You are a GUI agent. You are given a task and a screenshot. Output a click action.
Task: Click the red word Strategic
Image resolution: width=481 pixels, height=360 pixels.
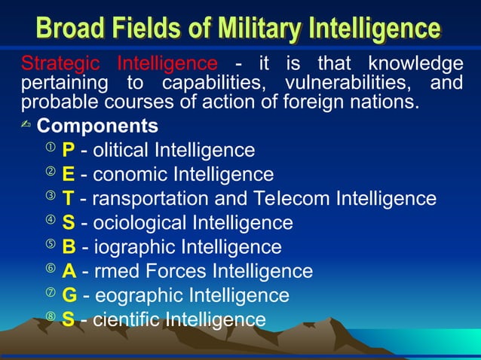coord(63,63)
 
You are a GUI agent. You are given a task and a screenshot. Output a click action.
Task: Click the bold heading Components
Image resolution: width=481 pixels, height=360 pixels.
coord(97,126)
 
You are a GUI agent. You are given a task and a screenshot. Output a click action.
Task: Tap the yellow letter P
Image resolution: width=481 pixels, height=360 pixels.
coord(68,151)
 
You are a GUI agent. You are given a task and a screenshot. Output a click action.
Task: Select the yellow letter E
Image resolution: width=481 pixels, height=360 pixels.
coord(68,175)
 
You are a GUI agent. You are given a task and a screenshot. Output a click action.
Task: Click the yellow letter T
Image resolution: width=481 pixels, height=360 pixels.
coord(68,199)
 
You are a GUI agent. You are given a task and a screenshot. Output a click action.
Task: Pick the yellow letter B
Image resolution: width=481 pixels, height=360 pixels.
coord(69,247)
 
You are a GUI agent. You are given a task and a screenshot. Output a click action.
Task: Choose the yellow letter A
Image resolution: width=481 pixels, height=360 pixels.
coord(69,271)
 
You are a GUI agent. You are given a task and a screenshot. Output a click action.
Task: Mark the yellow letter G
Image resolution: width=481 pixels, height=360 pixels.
coord(69,295)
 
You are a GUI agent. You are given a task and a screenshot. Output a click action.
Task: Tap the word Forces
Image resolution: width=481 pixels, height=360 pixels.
coord(178,271)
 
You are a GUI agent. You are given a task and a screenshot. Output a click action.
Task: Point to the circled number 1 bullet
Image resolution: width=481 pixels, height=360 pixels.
coord(50,148)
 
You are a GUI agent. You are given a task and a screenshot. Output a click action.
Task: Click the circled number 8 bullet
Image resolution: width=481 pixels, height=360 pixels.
coord(50,317)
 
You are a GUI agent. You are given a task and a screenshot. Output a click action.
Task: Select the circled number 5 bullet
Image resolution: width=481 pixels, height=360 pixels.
coord(50,245)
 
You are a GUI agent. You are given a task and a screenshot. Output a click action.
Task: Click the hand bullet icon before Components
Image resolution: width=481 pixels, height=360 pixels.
coord(27,126)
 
